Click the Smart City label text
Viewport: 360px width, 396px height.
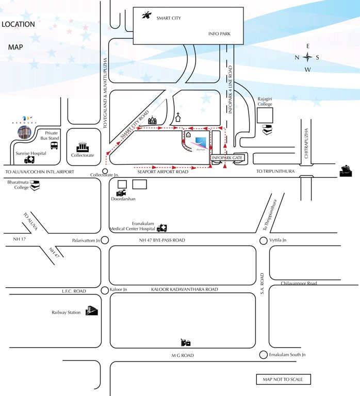[x=169, y=18]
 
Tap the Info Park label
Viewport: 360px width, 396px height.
[x=218, y=35]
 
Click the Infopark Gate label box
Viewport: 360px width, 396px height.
[x=226, y=158]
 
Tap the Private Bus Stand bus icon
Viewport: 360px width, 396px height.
[x=54, y=146]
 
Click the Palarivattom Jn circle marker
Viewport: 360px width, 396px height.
[x=105, y=240]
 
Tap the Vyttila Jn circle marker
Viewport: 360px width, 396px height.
[x=264, y=240]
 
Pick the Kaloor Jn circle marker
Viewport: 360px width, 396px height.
[x=105, y=290]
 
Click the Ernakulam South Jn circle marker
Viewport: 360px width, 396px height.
[x=264, y=355]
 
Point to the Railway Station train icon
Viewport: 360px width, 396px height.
[x=92, y=310]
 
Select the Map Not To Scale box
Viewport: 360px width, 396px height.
[x=283, y=379]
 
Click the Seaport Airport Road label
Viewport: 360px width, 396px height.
[x=162, y=172]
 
